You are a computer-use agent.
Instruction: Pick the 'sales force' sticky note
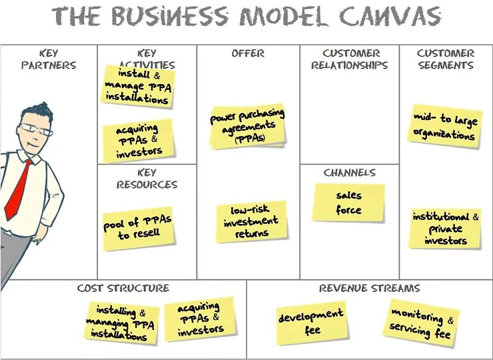(x=348, y=203)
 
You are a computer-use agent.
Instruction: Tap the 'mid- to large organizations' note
(x=444, y=126)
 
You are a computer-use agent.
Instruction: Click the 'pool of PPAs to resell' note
(x=138, y=228)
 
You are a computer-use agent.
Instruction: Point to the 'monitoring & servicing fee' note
(x=421, y=323)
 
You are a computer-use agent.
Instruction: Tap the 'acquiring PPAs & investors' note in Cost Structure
(x=199, y=319)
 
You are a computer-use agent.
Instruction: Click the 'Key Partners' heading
(x=49, y=59)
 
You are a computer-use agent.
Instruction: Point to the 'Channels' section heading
(x=349, y=173)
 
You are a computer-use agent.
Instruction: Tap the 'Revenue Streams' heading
(x=369, y=289)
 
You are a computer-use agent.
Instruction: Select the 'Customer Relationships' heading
(x=349, y=59)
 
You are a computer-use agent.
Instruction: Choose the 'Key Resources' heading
(x=147, y=179)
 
